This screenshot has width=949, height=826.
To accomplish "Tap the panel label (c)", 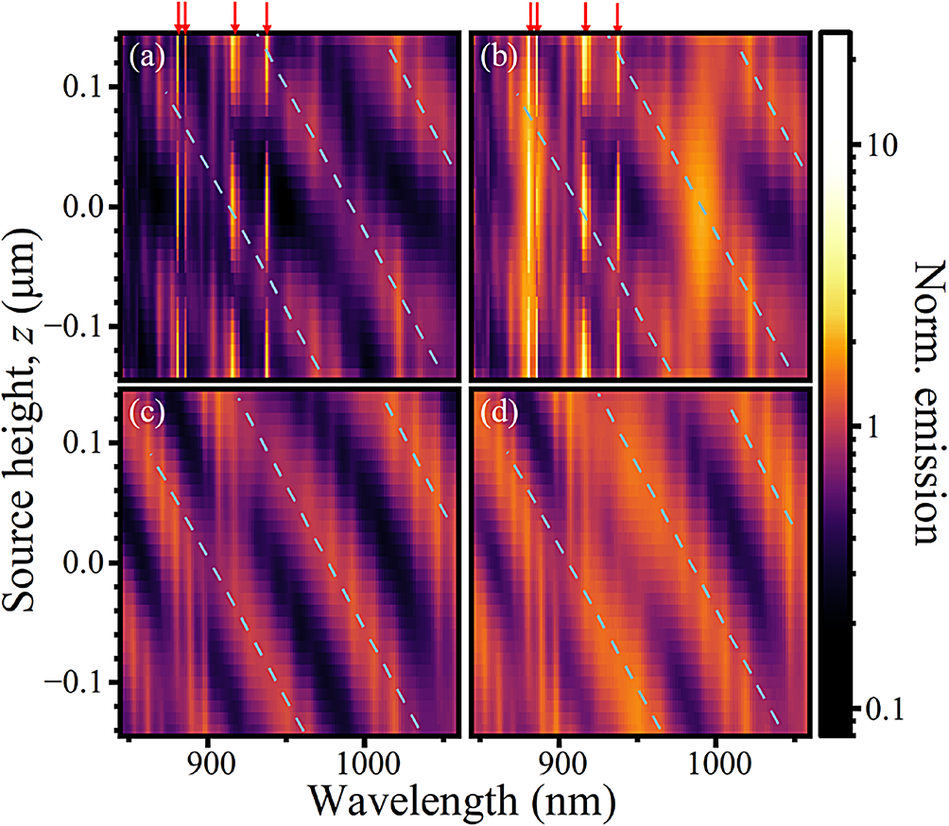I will (149, 414).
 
